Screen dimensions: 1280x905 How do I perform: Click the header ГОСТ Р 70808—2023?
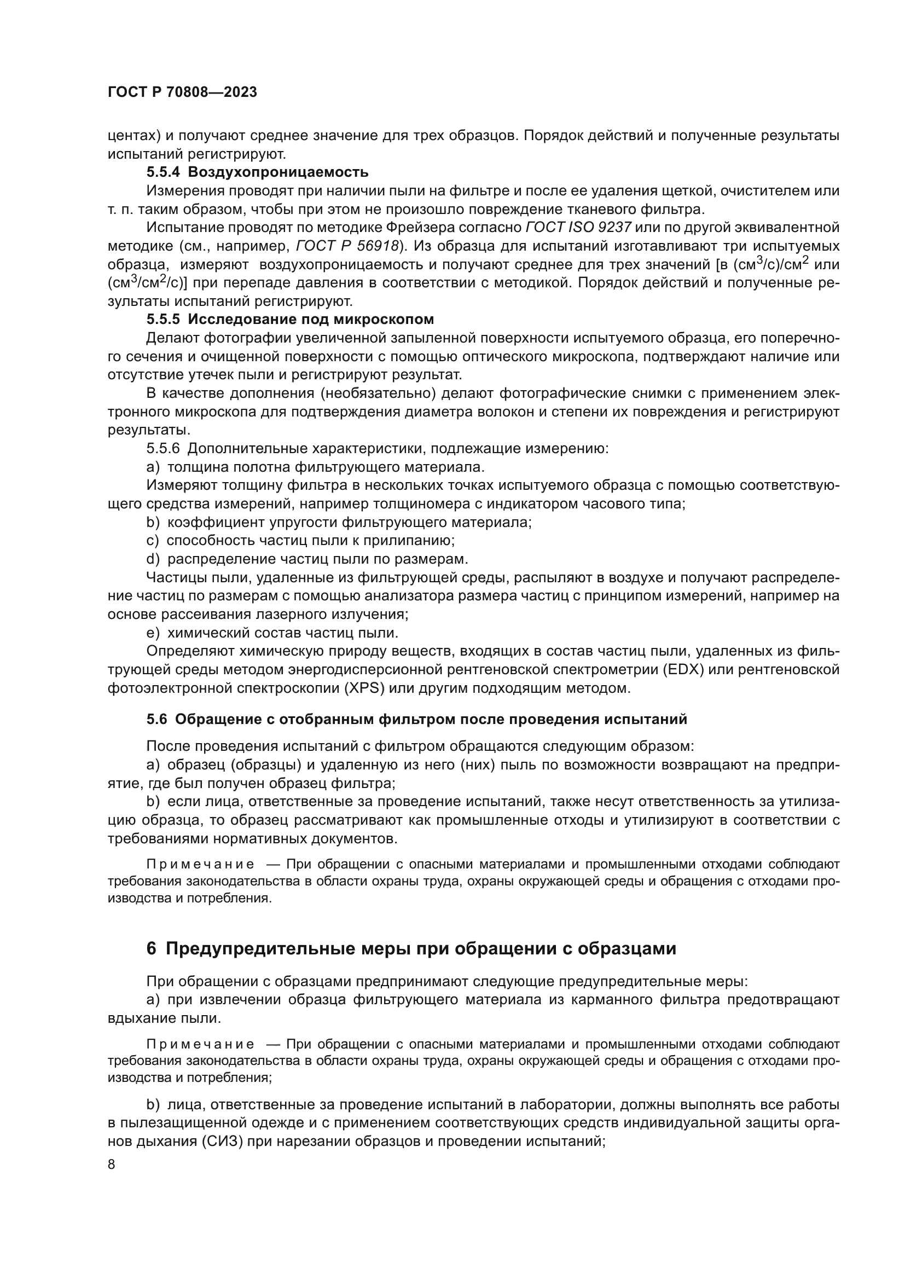tap(182, 92)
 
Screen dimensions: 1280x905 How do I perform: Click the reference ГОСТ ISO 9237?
tap(578, 228)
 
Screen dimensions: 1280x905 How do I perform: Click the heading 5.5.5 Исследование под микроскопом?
tap(290, 320)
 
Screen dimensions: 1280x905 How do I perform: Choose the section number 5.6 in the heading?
tap(156, 719)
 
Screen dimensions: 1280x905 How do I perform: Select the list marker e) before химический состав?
tap(153, 633)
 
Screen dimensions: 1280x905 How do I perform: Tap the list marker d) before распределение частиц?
tap(153, 559)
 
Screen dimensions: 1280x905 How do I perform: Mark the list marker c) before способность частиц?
tap(153, 540)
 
